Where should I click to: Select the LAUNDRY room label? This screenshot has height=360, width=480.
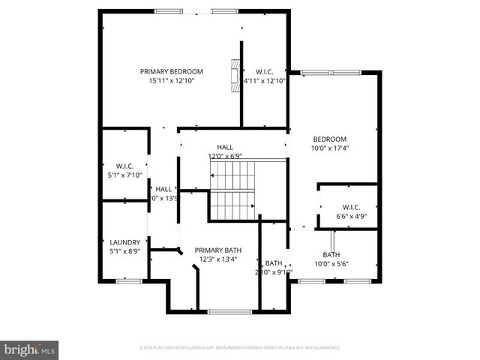click(124, 242)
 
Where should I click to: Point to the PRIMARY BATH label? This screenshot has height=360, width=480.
click(217, 250)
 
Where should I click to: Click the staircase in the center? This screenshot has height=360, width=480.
click(232, 191)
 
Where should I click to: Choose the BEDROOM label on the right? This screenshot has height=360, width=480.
click(329, 139)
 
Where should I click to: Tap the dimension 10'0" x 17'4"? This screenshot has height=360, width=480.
click(329, 148)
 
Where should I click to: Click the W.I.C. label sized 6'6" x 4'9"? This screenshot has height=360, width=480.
click(351, 207)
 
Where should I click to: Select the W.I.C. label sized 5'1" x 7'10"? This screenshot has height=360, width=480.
click(124, 165)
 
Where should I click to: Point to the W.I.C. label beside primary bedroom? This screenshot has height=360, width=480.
click(264, 71)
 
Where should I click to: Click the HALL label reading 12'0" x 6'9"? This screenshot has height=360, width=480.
click(225, 147)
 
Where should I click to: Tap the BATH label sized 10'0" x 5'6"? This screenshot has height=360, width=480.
click(331, 254)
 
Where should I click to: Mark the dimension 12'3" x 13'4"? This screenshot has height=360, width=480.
click(217, 259)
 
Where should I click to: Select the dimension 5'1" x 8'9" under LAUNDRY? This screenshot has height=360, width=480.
click(124, 251)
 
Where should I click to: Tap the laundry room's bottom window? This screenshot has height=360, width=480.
click(125, 281)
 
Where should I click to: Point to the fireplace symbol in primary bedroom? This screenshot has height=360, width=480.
click(235, 73)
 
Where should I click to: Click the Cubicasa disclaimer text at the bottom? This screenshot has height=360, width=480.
click(240, 348)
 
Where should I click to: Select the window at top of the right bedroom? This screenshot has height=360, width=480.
click(330, 72)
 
